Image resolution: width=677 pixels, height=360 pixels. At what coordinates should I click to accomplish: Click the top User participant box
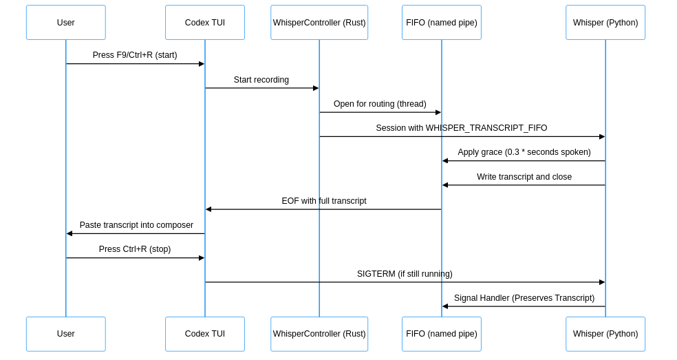pos(66,23)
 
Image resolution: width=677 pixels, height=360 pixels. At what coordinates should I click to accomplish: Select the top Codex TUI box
pos(205,23)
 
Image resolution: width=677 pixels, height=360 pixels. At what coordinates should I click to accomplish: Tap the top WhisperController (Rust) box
pos(319,23)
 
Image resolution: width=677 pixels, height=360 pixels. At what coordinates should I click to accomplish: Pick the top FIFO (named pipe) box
pos(442,23)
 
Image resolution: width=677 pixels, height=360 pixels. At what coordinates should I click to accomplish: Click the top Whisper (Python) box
pos(605,23)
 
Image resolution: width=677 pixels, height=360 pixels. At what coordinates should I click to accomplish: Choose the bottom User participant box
pos(66,334)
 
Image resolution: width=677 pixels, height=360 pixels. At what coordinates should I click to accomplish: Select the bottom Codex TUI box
pos(205,334)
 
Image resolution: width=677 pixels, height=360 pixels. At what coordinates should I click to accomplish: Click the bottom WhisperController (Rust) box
pos(319,334)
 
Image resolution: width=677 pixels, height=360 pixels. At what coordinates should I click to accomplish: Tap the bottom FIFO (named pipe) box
pos(442,334)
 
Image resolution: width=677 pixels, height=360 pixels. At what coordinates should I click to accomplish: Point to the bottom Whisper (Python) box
pos(605,334)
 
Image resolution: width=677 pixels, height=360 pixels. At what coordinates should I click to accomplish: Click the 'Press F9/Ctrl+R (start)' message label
pos(135,55)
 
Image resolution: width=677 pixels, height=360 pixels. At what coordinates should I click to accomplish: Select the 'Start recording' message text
pos(261,80)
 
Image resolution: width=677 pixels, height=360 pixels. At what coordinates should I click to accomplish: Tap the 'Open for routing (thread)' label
pos(380,104)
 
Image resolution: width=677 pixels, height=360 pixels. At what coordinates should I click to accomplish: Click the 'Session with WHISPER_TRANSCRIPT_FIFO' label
pos(462,128)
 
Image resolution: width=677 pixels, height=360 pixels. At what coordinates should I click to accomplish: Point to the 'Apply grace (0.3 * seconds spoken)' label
pos(524,152)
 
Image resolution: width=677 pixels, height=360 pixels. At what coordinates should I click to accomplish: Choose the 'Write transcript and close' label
pos(524,177)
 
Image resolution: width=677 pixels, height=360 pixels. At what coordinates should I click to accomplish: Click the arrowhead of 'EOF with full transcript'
pos(208,209)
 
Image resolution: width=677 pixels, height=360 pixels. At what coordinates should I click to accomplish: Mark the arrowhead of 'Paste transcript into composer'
pos(69,233)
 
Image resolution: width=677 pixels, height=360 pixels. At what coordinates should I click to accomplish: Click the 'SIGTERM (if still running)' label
pos(405,274)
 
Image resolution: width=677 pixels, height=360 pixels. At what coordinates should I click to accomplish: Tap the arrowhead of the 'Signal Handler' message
pos(445,306)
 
